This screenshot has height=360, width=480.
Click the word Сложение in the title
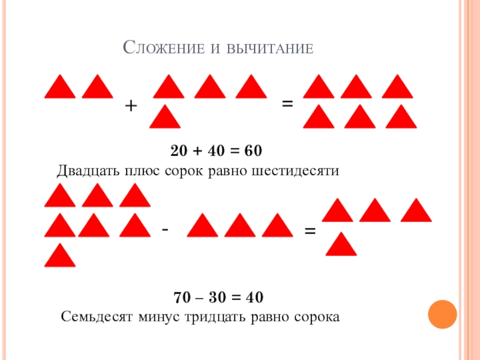[160, 48]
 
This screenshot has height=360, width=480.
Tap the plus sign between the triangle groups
[131, 106]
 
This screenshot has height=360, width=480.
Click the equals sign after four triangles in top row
[287, 104]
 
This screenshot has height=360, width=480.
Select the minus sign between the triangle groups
[166, 229]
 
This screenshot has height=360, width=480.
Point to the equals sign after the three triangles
[310, 230]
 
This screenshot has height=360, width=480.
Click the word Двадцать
[88, 171]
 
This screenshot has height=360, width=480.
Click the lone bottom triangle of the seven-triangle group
[60, 256]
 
